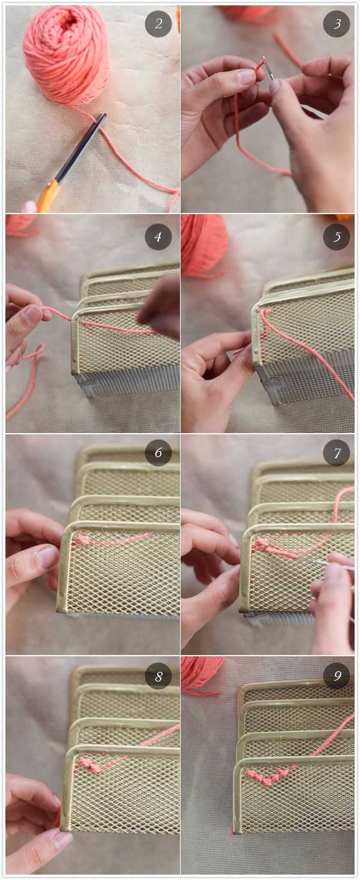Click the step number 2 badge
click(158, 24)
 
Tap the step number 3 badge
click(337, 24)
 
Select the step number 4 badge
click(158, 237)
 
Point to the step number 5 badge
click(337, 237)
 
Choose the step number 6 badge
click(158, 453)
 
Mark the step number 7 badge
click(337, 453)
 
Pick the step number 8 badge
click(158, 676)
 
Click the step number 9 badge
click(337, 675)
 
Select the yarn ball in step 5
click(205, 244)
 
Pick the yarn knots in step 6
click(83, 539)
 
